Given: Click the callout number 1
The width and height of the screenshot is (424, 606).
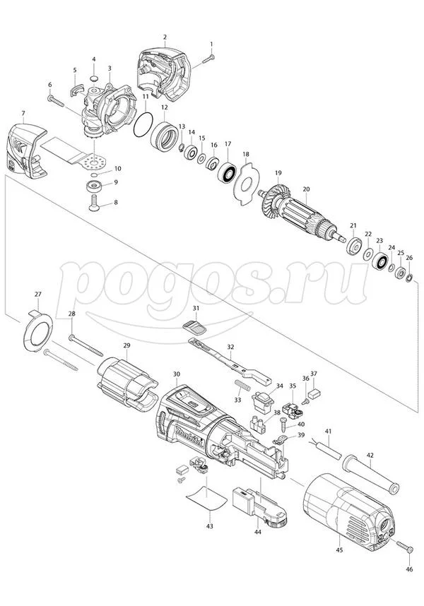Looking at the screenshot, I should pos(211,44).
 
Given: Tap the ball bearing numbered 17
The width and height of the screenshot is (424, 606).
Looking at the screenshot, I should pos(228,172).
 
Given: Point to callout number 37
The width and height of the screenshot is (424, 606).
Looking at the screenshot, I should pos(314,374).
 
